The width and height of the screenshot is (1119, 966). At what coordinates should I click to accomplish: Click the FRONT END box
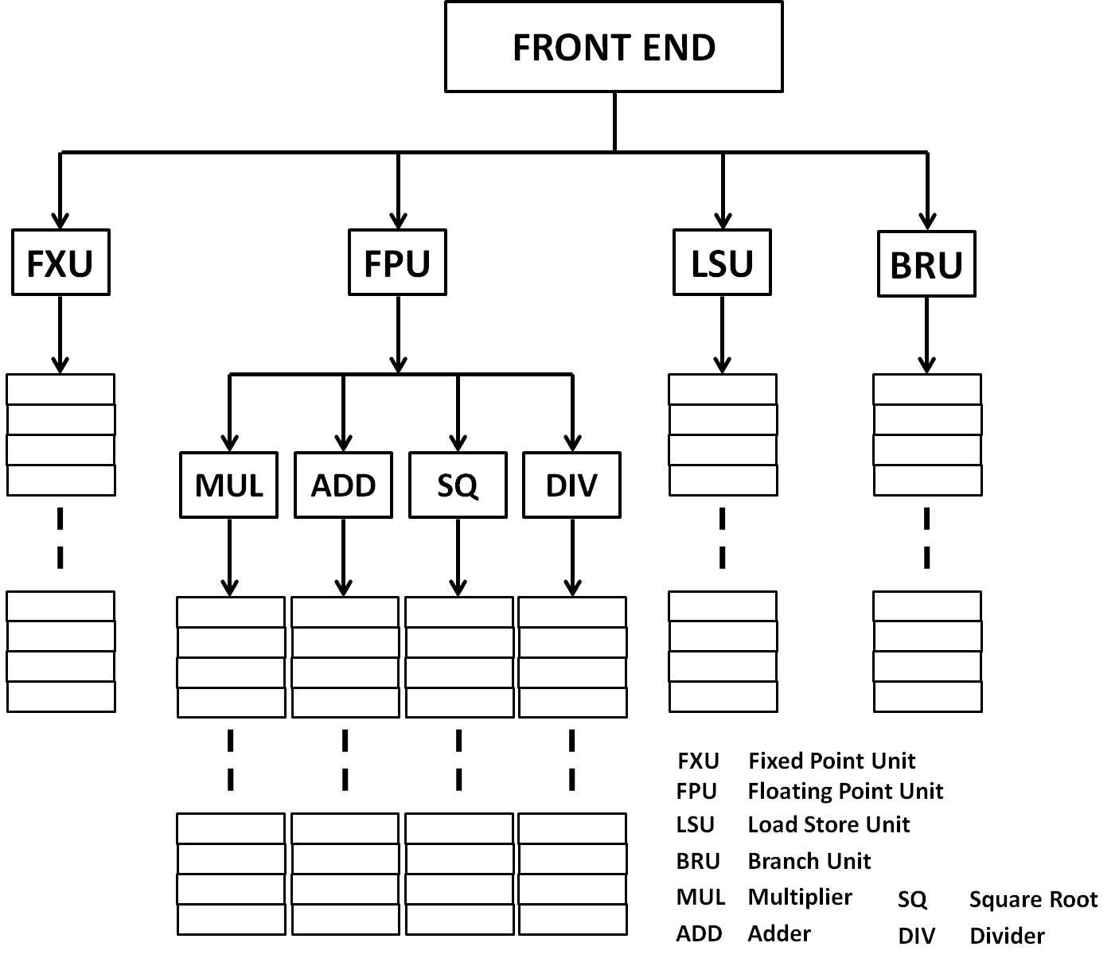coord(614,47)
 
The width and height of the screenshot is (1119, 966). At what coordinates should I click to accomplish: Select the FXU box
coord(60,263)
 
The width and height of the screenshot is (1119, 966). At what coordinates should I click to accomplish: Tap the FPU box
coord(397,263)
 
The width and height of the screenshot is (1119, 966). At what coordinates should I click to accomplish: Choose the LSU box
coord(722,263)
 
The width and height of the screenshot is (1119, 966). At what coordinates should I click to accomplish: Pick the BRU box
coord(926,264)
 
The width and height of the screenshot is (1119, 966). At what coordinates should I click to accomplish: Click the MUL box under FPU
coord(229,485)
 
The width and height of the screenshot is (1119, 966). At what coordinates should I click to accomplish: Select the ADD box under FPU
coord(343,485)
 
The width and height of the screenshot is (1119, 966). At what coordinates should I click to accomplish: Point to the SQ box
coord(458,485)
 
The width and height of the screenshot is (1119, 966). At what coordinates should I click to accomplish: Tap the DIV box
coord(571,485)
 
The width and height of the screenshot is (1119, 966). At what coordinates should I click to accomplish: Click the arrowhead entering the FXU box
coord(60,220)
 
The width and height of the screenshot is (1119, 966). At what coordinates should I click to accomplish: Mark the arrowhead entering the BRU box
coord(926,221)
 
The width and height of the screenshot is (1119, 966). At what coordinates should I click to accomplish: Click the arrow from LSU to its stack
coord(722,334)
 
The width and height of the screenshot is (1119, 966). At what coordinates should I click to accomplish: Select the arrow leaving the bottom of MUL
coord(229,557)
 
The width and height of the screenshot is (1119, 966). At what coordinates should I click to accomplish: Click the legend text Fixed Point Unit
coord(832,762)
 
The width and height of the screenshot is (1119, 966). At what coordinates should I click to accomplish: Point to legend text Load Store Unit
coord(829,824)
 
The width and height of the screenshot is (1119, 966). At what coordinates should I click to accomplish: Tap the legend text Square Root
coord(1033,900)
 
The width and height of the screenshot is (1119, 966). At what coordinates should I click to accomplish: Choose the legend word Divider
coord(1007,936)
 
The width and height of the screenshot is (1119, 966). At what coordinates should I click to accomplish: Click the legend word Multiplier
coord(800,898)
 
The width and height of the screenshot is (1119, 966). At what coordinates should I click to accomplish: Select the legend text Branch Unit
coord(809,861)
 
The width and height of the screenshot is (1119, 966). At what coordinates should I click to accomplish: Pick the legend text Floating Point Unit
coord(845,792)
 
